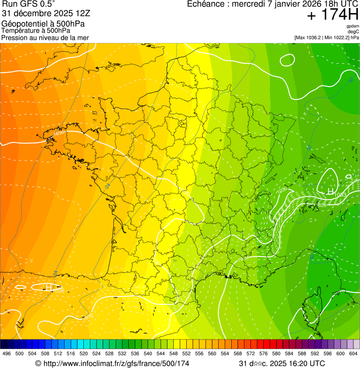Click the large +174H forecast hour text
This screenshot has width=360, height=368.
coord(332,15)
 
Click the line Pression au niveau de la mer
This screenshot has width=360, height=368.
coord(45,37)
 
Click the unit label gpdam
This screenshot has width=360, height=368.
coord(353,26)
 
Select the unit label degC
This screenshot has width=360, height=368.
coord(353,31)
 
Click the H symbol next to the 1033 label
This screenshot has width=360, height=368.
coord(330,192)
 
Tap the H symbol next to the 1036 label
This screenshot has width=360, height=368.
coord(48,287)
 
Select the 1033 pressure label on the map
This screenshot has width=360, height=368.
coord(340,195)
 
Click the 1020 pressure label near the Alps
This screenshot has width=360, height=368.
coord(322,205)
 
